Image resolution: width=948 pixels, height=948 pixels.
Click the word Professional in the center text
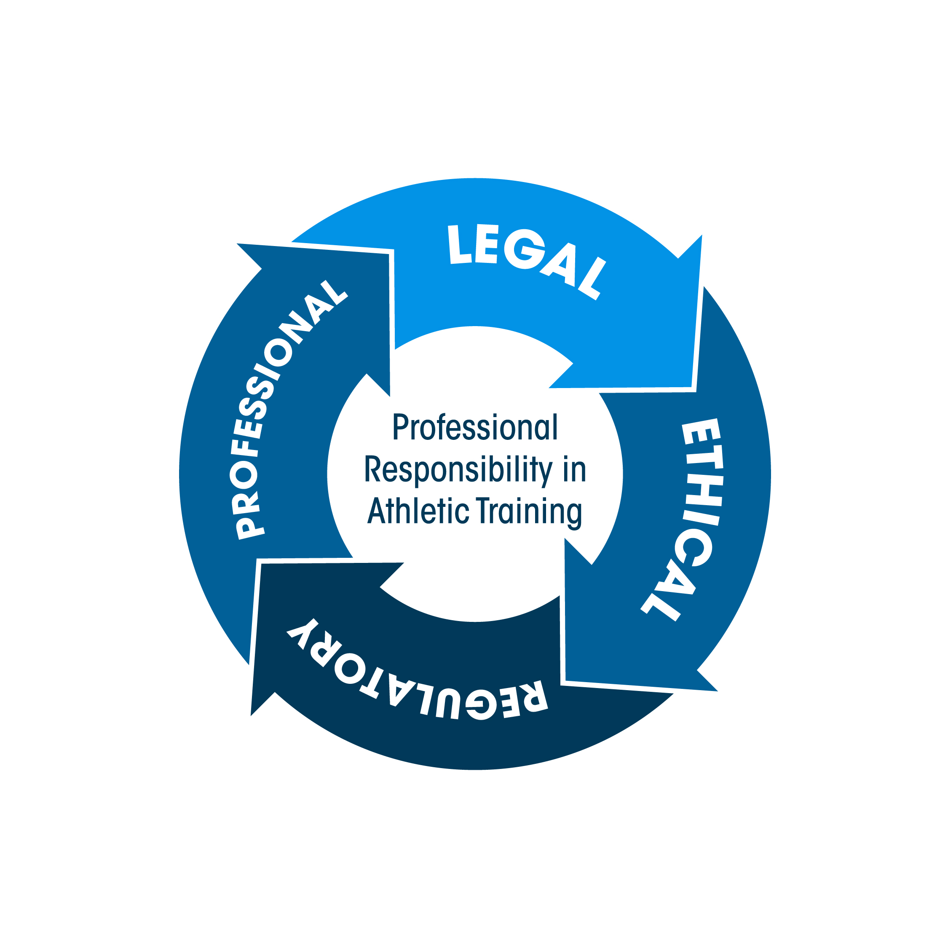click(475, 427)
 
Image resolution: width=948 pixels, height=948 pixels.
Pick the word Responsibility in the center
click(458, 470)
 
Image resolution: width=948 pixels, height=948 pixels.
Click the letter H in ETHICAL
click(704, 490)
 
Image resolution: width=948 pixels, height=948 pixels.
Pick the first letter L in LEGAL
click(459, 244)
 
